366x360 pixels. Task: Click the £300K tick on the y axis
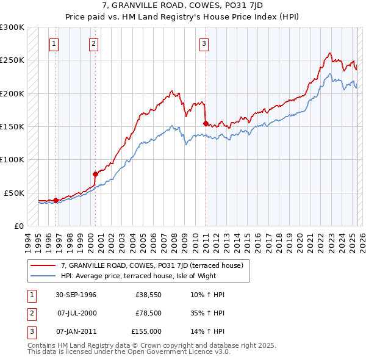point(12,27)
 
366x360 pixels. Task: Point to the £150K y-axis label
point(12,126)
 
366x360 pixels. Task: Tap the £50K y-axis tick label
point(14,193)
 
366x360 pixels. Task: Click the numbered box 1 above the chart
point(54,43)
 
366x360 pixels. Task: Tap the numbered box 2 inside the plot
point(93,43)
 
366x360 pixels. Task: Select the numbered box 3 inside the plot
point(203,43)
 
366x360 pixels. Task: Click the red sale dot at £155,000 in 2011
point(206,123)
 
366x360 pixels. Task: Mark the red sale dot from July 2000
point(95,174)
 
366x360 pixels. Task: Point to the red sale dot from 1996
point(56,200)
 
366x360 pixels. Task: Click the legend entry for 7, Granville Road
point(152,265)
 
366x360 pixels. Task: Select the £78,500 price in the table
point(149,313)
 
